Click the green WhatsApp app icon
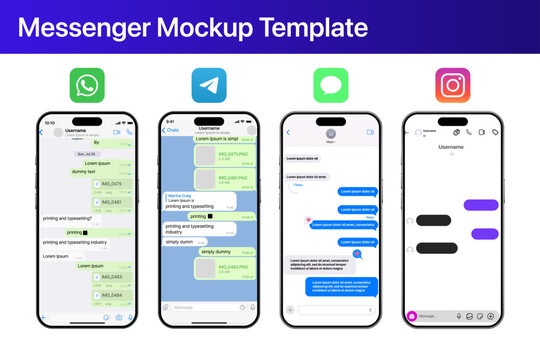click(x=87, y=86)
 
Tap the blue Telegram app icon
click(x=208, y=86)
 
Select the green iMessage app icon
click(x=330, y=86)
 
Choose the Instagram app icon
click(x=452, y=86)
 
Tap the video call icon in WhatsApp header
click(x=117, y=132)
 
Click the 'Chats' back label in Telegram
click(x=172, y=130)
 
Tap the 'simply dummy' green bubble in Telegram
click(x=217, y=251)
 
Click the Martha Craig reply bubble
click(x=190, y=200)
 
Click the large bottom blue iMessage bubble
click(x=341, y=286)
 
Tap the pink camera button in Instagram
click(x=411, y=316)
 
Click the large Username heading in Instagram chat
click(x=452, y=147)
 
